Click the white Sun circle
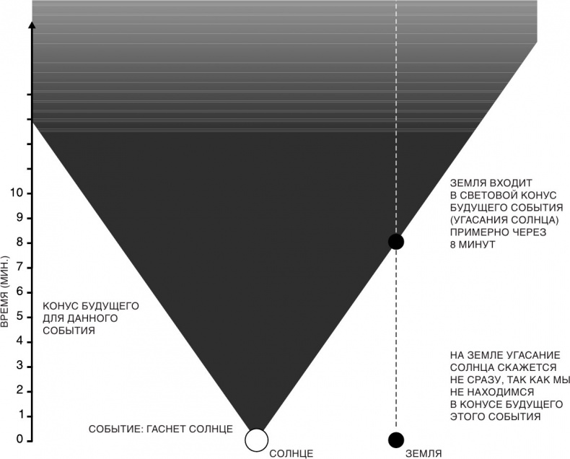[255, 439]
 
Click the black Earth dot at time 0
[395, 439]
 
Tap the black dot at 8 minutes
[395, 241]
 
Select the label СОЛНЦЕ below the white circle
[291, 453]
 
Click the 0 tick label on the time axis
[21, 440]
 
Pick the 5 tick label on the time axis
[21, 316]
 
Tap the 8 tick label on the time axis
[21, 242]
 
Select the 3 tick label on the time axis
[21, 366]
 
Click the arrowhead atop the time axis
[32, 26]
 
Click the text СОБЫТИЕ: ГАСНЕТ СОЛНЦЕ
[160, 429]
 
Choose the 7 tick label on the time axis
[21, 267]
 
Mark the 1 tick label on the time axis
[21, 416]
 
